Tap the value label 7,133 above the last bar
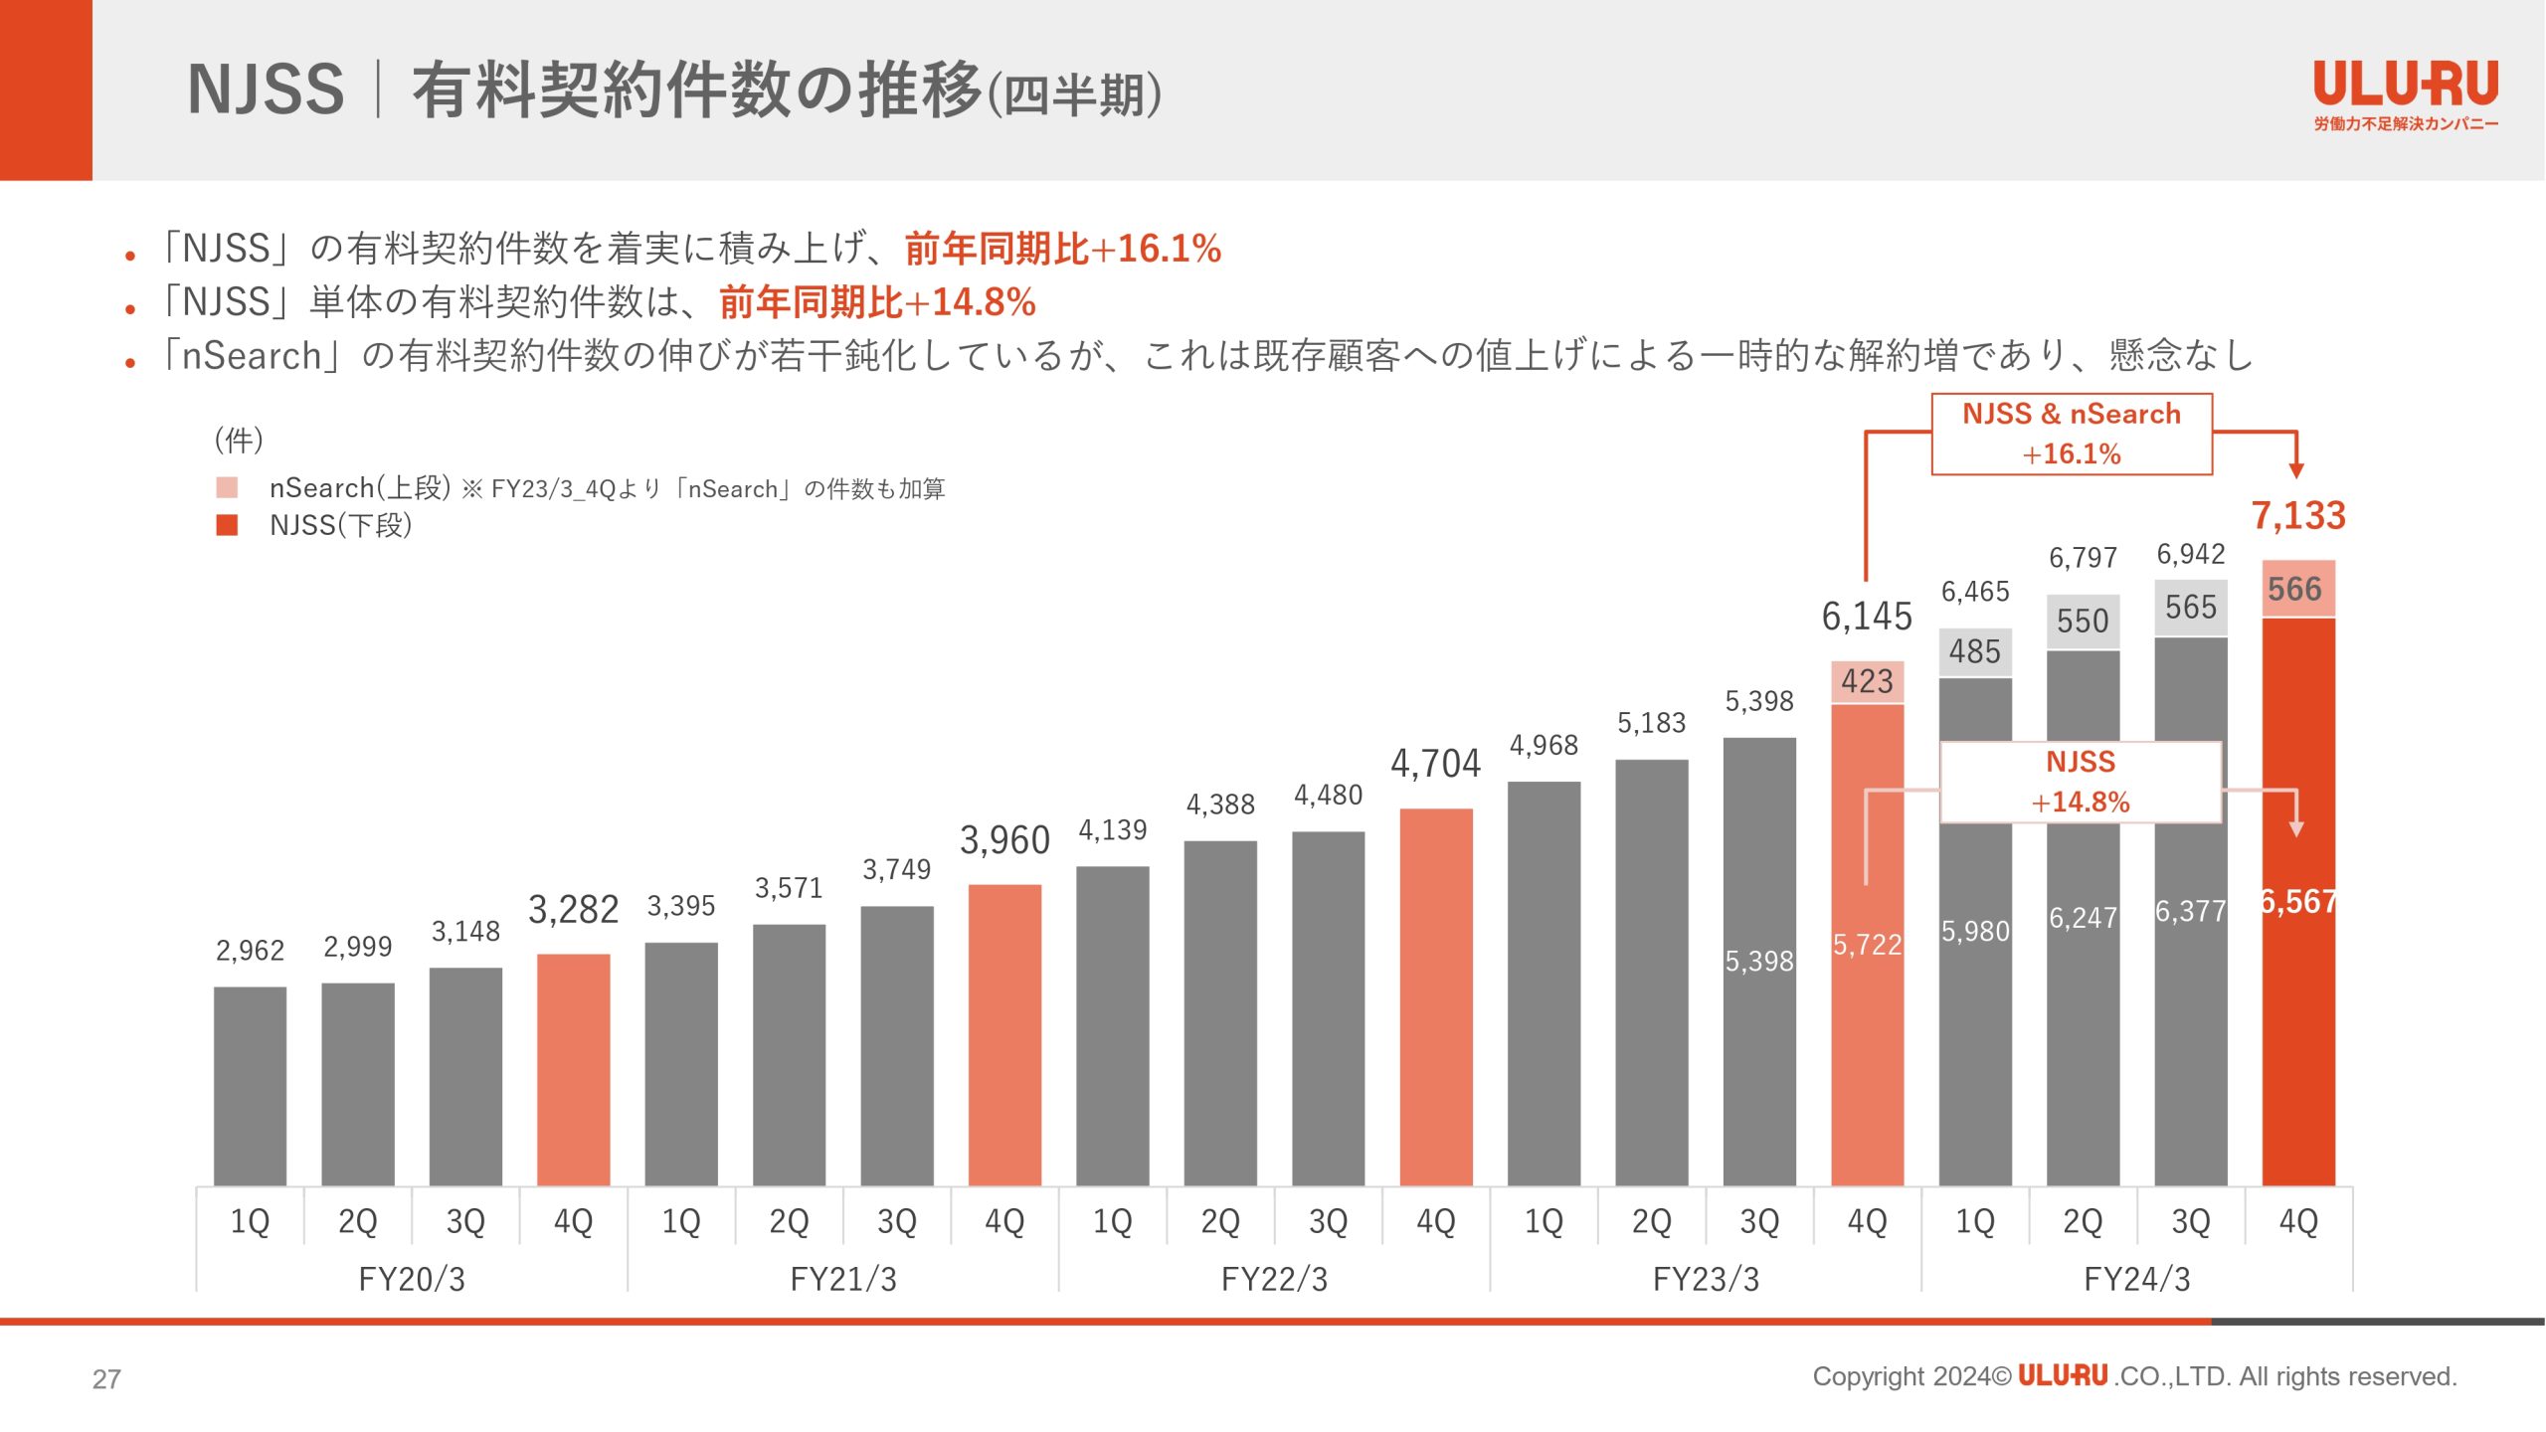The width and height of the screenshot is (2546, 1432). [x=2298, y=516]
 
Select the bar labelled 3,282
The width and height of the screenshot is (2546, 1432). [x=573, y=1069]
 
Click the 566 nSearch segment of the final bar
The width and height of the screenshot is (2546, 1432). [x=2298, y=589]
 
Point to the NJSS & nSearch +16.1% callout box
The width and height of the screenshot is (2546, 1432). [x=2072, y=434]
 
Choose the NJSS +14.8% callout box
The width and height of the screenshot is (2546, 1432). [x=2081, y=782]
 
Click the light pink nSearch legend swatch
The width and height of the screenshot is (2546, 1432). [x=227, y=488]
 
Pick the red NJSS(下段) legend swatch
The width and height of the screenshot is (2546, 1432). [x=227, y=525]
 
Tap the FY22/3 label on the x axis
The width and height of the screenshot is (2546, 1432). [x=1274, y=1279]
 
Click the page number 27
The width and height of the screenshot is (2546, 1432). [x=106, y=1379]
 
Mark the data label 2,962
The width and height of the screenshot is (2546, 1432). [x=250, y=951]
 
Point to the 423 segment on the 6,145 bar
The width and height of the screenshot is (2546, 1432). [x=1867, y=682]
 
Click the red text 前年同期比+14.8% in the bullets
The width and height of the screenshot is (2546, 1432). [x=877, y=302]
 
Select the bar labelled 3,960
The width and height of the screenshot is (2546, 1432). [x=1004, y=1034]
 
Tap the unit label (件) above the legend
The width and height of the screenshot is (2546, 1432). [x=239, y=440]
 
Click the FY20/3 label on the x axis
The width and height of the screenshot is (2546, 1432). [x=412, y=1279]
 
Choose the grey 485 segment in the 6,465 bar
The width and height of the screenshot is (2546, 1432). [x=1975, y=652]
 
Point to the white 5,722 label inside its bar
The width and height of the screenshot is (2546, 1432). [x=1867, y=945]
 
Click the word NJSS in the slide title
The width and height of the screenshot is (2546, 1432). [x=266, y=89]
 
